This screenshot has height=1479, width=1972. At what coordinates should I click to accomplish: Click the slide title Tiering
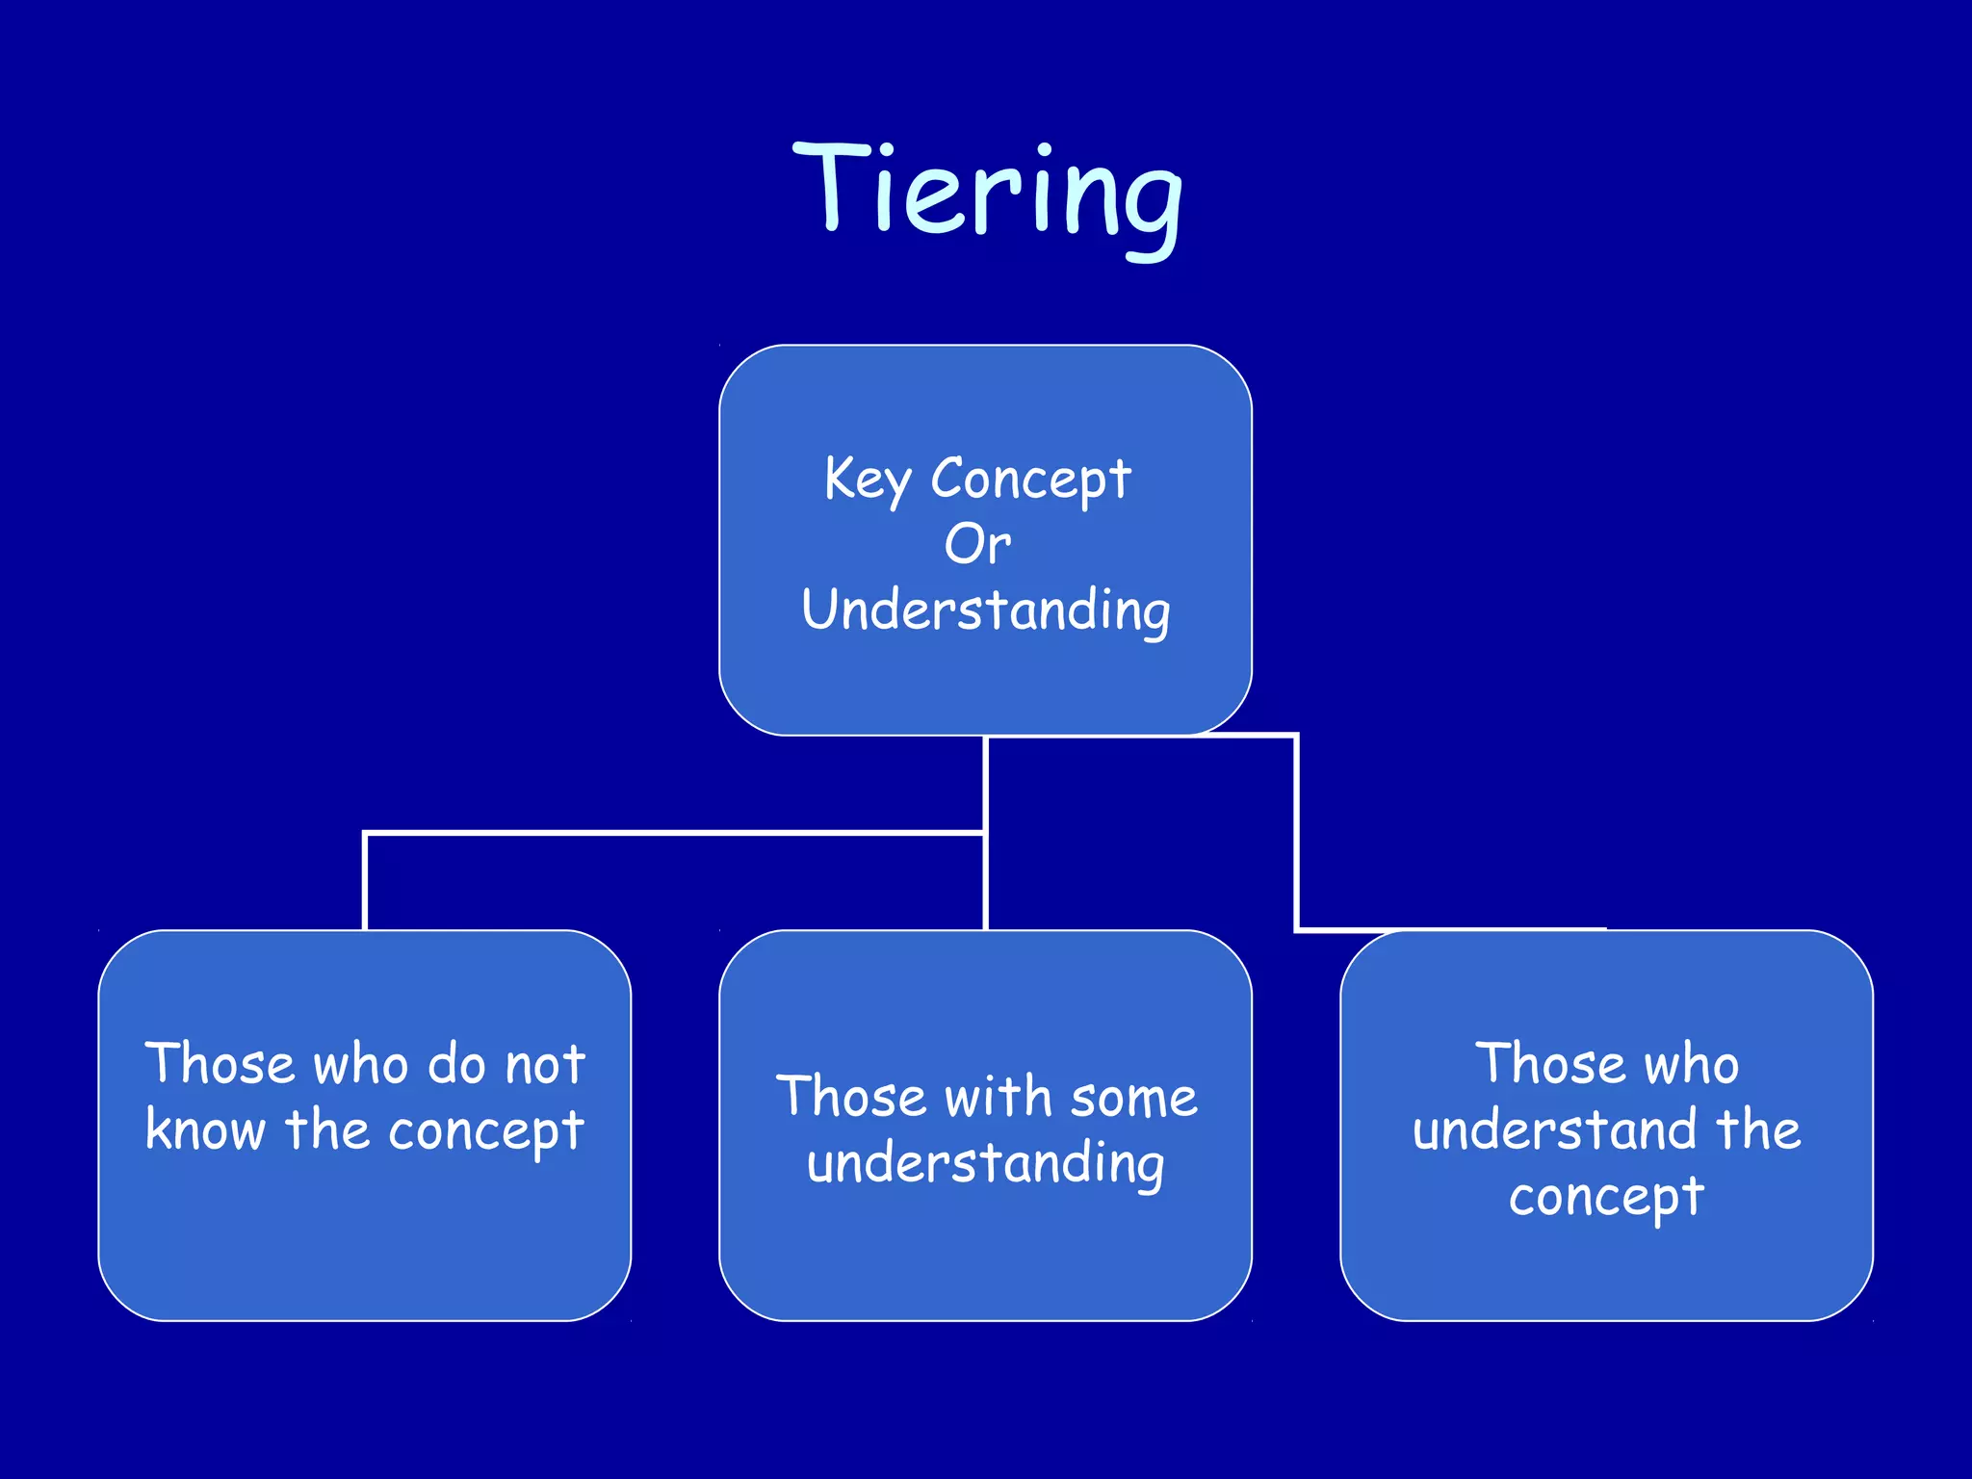point(987,193)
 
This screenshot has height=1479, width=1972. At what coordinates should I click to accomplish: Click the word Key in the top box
point(867,480)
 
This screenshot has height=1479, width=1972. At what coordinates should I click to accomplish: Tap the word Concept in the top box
point(1030,479)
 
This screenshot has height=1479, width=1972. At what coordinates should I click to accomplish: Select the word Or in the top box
point(977,545)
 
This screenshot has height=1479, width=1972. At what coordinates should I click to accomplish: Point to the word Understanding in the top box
point(986,610)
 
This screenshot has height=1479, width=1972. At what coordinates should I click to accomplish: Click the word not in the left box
point(545,1065)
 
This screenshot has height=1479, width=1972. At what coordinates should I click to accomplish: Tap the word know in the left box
point(205,1130)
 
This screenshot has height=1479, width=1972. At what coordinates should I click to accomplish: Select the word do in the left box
point(456,1065)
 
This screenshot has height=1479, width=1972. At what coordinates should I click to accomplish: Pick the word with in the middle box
point(998,1098)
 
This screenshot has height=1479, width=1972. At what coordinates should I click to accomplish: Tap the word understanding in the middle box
point(986,1164)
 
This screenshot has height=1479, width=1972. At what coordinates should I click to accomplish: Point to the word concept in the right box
point(1606,1198)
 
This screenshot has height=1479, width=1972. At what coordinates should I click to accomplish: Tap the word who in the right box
point(1691,1065)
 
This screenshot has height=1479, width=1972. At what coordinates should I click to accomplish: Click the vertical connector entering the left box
point(365,882)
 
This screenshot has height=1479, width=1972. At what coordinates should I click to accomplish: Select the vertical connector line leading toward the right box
point(1297,834)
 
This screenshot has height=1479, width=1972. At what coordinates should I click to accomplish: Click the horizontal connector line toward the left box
point(674,833)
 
